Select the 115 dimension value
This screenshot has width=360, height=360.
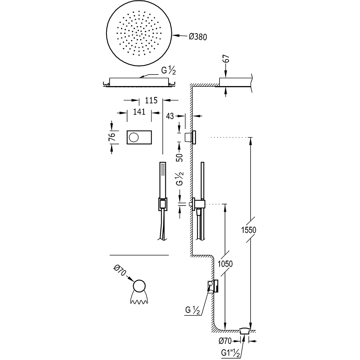pyautogui.click(x=152, y=100)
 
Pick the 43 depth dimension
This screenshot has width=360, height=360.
pyautogui.click(x=170, y=116)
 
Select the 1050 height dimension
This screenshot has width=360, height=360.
pyautogui.click(x=226, y=264)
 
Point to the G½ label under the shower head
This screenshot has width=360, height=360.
pyautogui.click(x=168, y=71)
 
